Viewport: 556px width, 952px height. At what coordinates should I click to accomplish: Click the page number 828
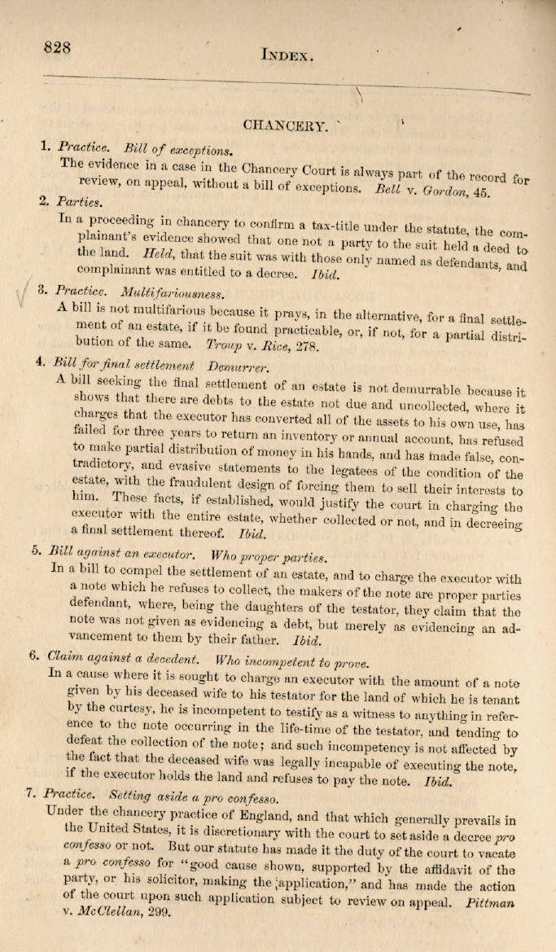pyautogui.click(x=58, y=47)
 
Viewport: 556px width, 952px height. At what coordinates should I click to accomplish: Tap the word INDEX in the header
pyautogui.click(x=287, y=55)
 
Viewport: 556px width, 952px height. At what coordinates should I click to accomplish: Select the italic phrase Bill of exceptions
pyautogui.click(x=178, y=149)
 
